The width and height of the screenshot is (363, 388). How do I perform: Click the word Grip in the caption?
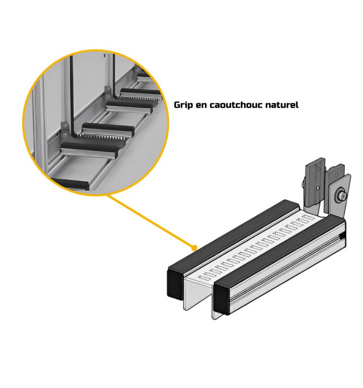tap(183, 105)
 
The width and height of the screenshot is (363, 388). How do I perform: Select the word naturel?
tap(282, 105)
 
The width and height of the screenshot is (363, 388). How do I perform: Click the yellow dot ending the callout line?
tap(195, 247)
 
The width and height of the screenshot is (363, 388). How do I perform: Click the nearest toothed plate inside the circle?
tap(103, 138)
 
